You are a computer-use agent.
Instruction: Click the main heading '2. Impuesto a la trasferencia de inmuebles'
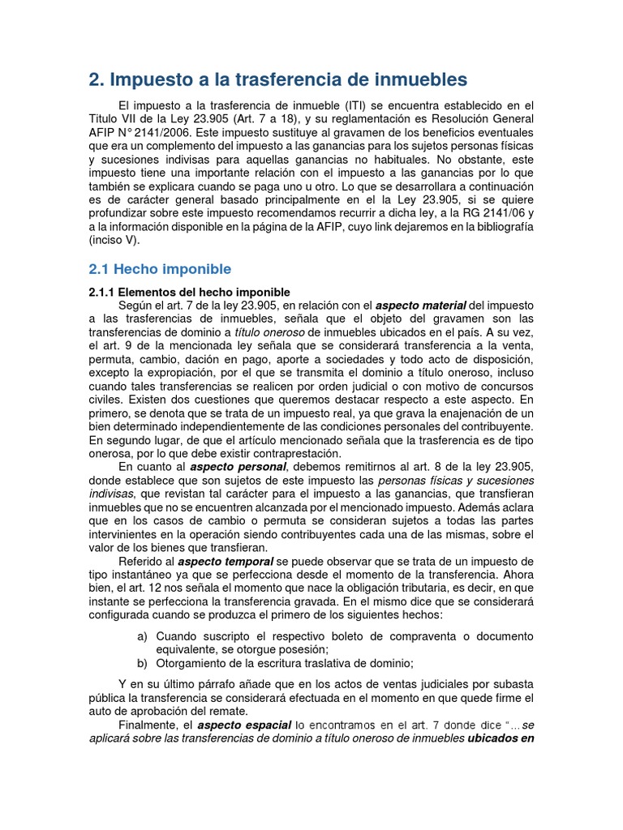click(x=277, y=79)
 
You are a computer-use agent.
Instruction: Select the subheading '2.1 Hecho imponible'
click(x=160, y=269)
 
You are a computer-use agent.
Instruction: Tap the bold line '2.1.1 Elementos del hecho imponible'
click(x=189, y=291)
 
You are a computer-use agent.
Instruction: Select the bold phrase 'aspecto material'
click(x=420, y=305)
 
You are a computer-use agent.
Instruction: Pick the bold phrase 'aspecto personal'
click(x=238, y=467)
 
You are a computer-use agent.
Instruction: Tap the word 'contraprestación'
click(x=297, y=454)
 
